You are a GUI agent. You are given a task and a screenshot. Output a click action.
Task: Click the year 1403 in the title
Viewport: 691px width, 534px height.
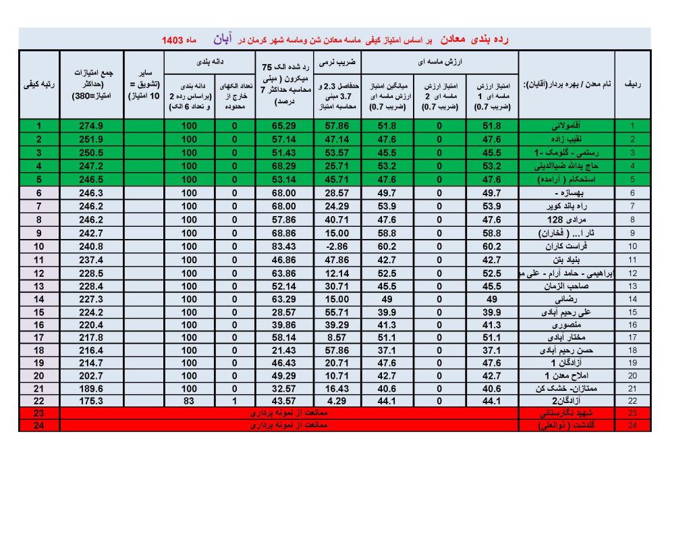pos(173,41)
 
